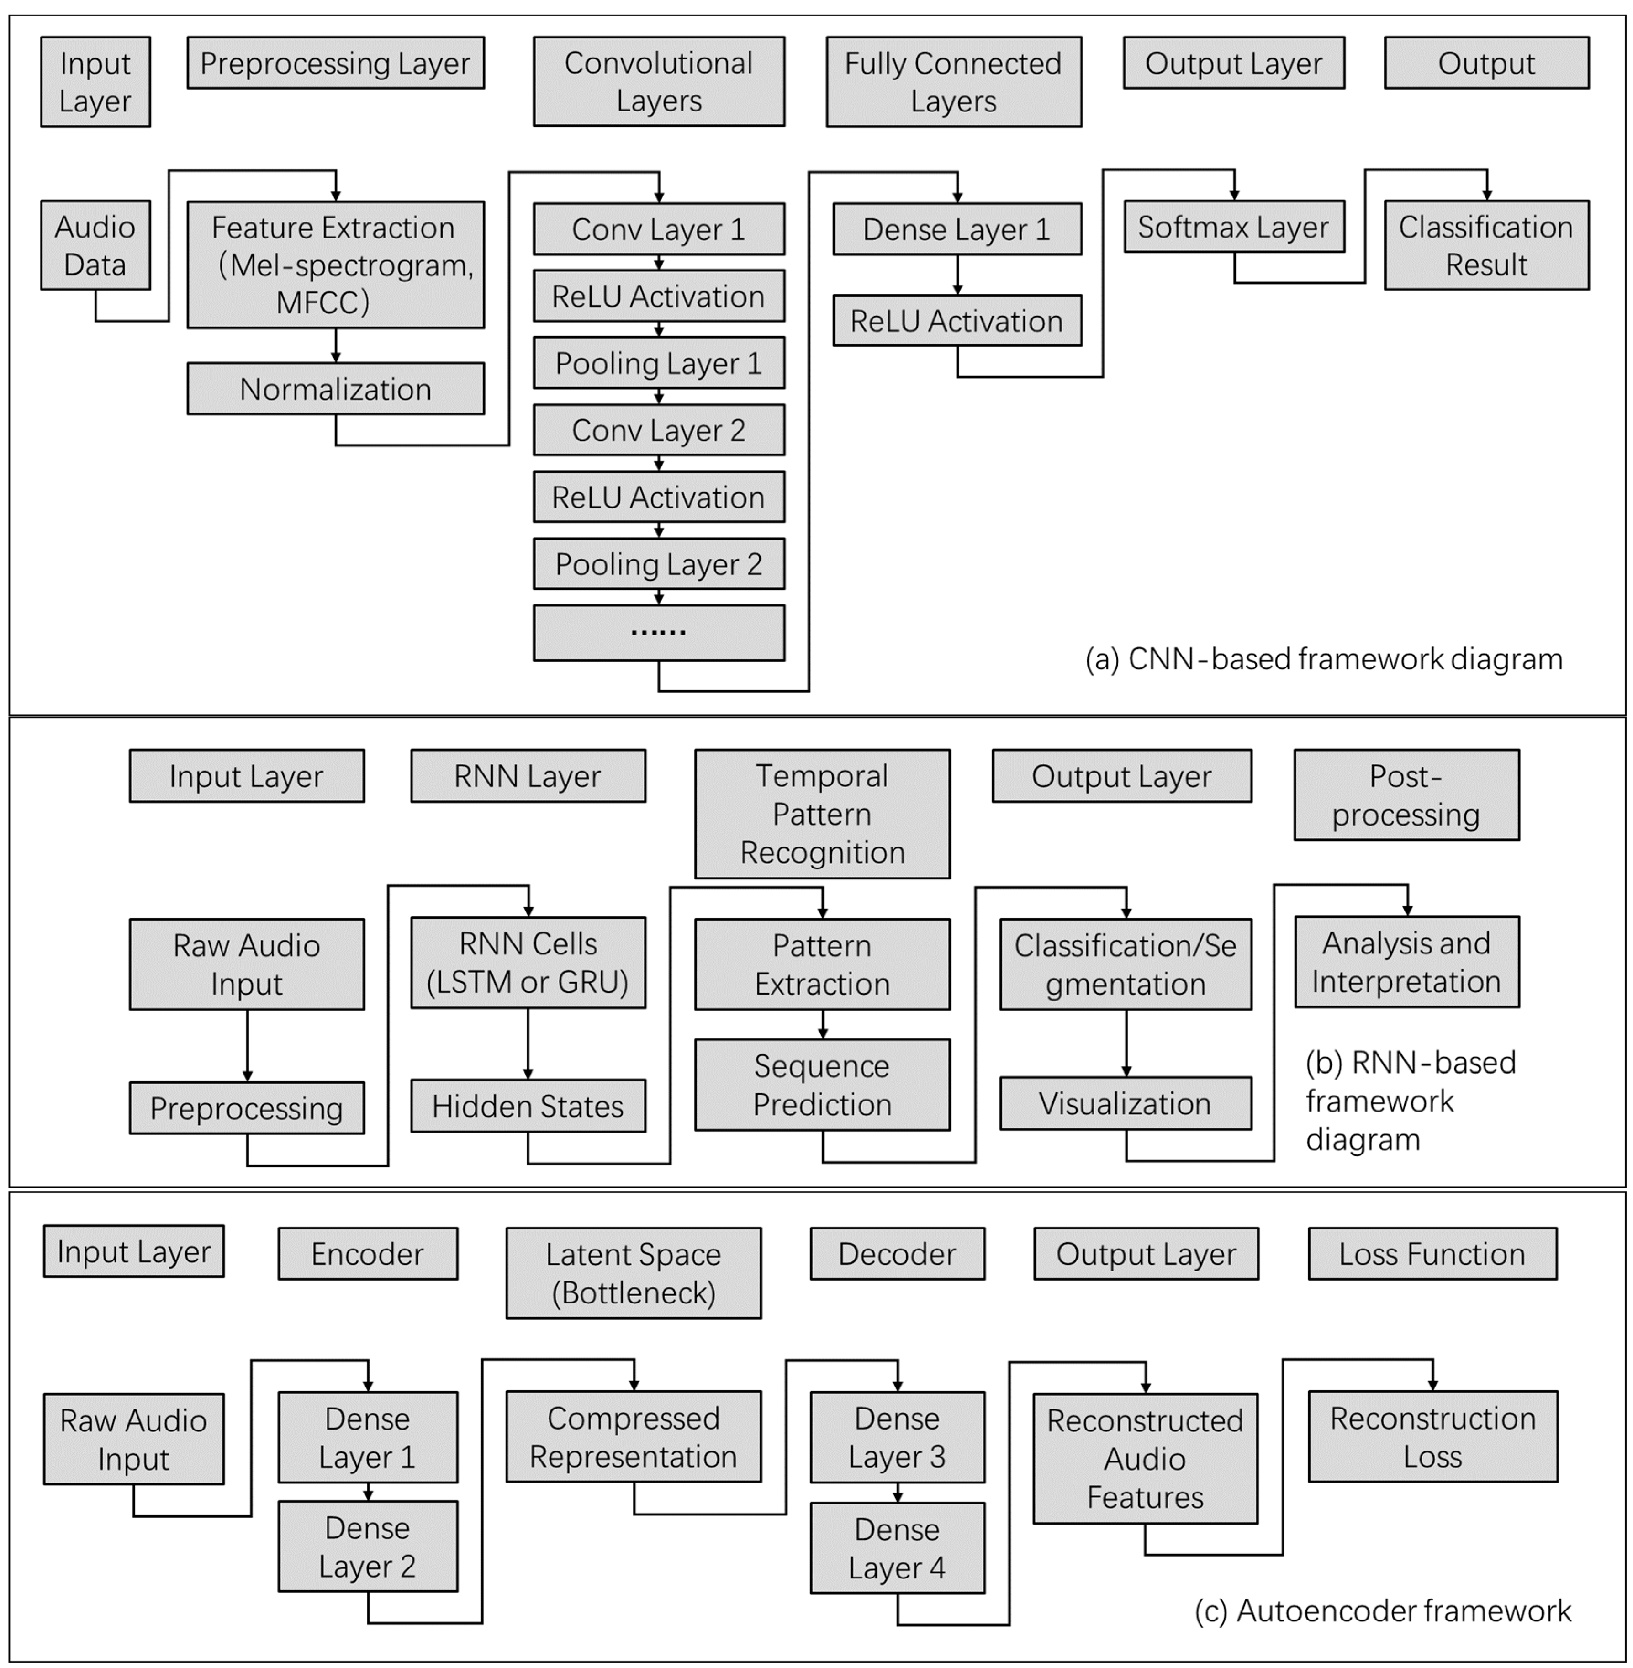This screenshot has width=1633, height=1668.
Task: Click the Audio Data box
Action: pyautogui.click(x=95, y=245)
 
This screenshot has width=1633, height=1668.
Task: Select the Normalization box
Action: pyautogui.click(x=335, y=389)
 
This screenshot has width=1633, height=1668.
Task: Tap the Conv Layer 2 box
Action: pyautogui.click(x=659, y=430)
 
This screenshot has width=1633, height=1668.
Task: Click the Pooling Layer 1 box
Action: pyautogui.click(x=659, y=363)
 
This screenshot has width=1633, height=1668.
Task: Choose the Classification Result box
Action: pyautogui.click(x=1486, y=245)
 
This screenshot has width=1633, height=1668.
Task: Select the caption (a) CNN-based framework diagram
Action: pyautogui.click(x=1323, y=659)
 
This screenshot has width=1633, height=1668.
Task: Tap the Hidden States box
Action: pyautogui.click(x=528, y=1106)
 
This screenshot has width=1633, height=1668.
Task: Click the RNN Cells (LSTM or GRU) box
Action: pyautogui.click(x=528, y=963)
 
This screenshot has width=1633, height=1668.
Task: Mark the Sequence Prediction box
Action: pyautogui.click(x=822, y=1085)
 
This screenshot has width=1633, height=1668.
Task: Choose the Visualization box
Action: pyautogui.click(x=1125, y=1103)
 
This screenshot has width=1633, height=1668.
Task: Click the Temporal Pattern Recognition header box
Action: pyautogui.click(x=822, y=813)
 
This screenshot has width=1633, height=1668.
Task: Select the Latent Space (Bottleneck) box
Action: pyautogui.click(x=633, y=1272)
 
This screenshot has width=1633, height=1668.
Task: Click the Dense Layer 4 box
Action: pyautogui.click(x=897, y=1548)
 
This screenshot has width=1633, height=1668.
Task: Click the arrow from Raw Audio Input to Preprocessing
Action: pyautogui.click(x=247, y=1045)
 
